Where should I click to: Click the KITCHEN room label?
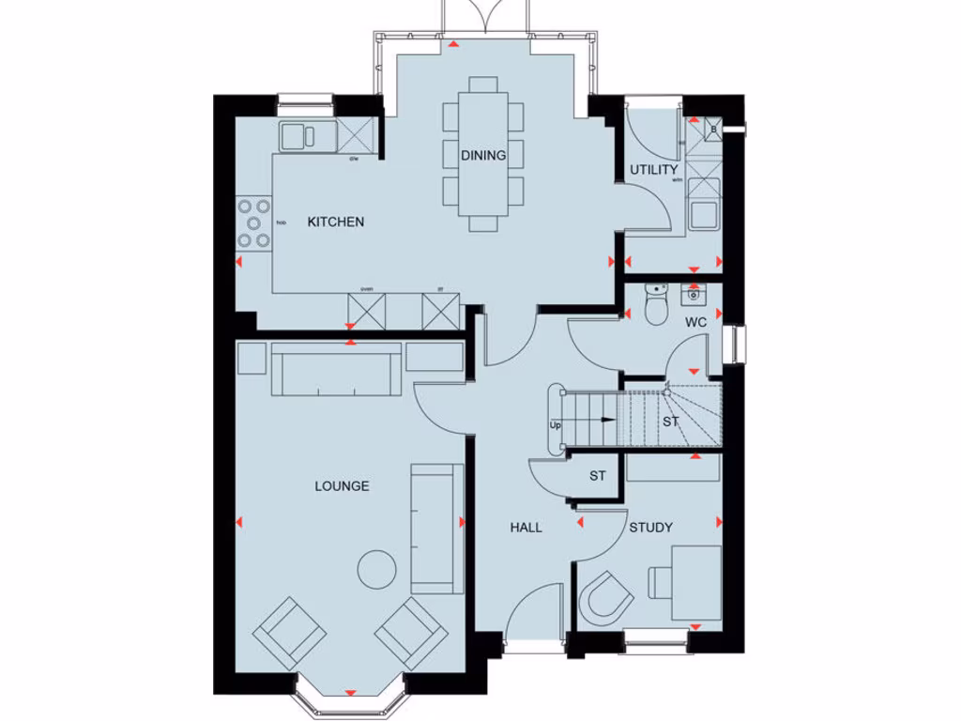coord(336,222)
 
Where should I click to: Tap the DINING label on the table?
coord(483,156)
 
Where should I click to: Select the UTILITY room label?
coord(654,170)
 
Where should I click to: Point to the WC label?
coord(695,322)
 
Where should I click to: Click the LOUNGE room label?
coord(342,486)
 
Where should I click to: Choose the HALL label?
coord(526,528)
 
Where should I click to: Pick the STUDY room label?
coord(650,528)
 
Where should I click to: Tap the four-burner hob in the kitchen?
coord(253,223)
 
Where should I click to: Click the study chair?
coord(605,596)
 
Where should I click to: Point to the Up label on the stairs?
coord(555,426)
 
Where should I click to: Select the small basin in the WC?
coord(694,296)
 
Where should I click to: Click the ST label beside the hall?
coord(598,476)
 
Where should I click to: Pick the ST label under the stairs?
coord(670,422)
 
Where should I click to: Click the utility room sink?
coord(703,213)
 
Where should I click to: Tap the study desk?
coord(690,582)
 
